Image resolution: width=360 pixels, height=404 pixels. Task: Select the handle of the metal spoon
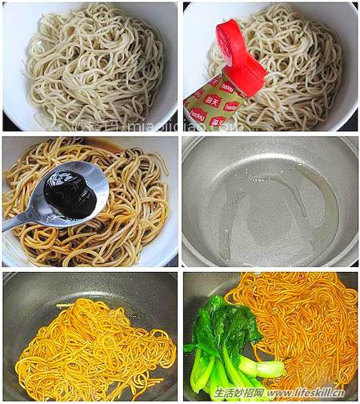[20, 223]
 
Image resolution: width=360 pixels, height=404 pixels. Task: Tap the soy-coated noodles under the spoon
[128, 216]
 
